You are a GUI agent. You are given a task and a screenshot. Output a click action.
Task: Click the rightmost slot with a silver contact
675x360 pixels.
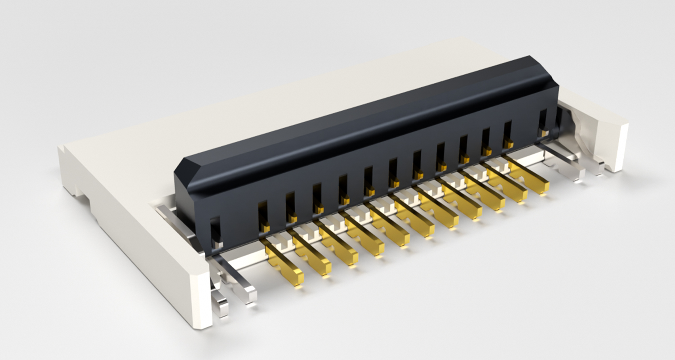pos(543,122)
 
